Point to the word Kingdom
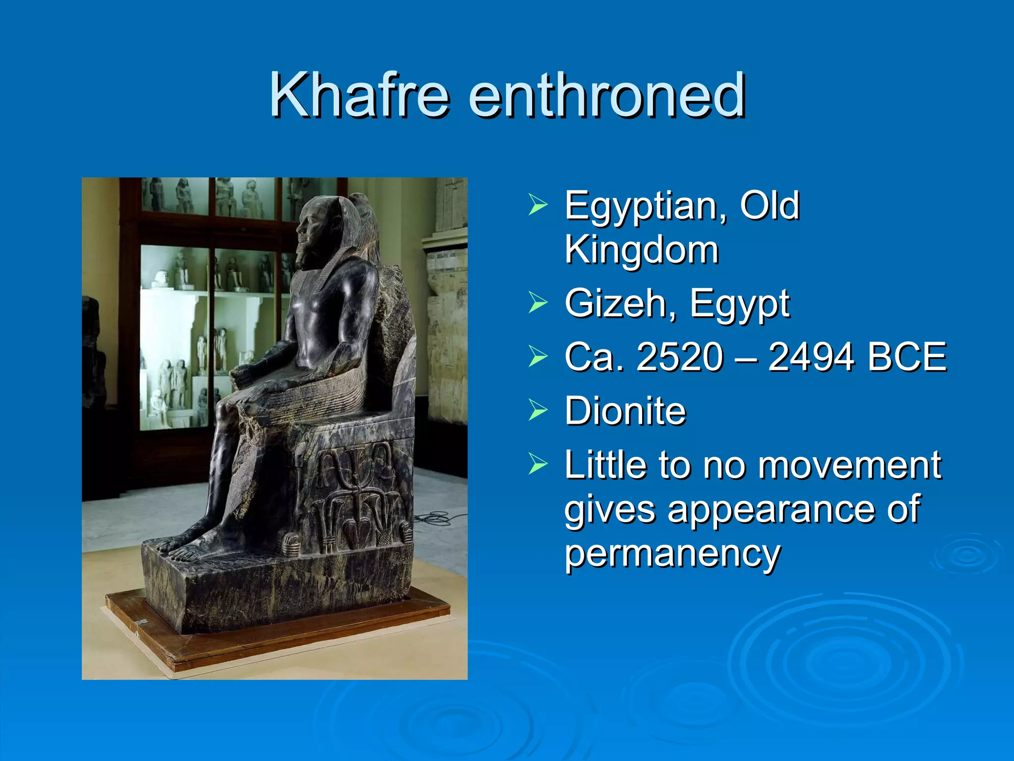641,250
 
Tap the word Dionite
625,411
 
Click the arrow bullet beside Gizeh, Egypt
538,303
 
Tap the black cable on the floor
436,519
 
